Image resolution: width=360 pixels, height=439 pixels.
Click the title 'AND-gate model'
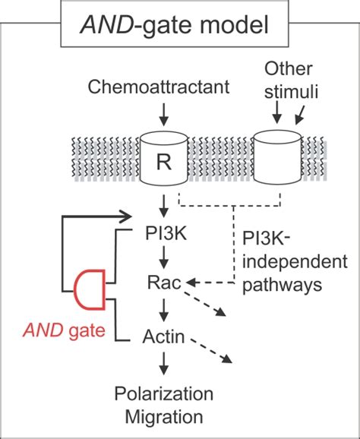pyautogui.click(x=179, y=29)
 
